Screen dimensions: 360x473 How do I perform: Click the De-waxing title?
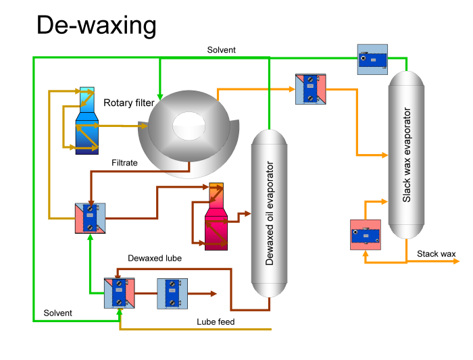click(96, 26)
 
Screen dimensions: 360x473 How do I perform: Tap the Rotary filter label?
click(129, 103)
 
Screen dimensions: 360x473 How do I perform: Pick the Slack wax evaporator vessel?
click(406, 155)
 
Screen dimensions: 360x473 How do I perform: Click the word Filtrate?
click(126, 162)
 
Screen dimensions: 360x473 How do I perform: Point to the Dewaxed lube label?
click(155, 258)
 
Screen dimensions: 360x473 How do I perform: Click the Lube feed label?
click(216, 322)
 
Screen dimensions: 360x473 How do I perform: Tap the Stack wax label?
click(436, 254)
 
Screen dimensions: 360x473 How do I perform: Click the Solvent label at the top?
click(222, 50)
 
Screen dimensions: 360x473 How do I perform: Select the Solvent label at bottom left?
click(58, 313)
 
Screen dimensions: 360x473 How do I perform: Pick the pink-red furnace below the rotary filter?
click(217, 216)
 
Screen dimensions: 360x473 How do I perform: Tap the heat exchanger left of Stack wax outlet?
click(366, 234)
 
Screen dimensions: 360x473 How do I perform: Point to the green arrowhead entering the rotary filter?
click(159, 93)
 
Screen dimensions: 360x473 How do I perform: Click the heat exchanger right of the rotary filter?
click(310, 88)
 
